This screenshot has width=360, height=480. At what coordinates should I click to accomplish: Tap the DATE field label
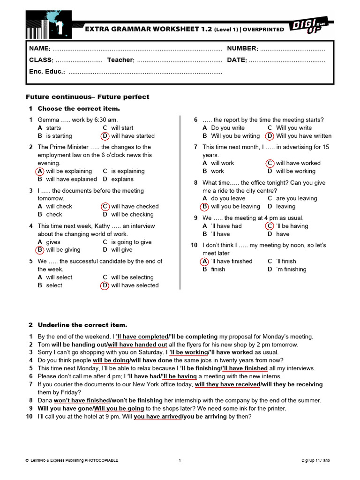[x=237, y=60]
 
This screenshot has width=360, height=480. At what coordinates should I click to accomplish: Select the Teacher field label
[x=121, y=60]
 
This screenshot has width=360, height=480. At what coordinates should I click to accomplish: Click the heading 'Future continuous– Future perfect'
[x=87, y=97]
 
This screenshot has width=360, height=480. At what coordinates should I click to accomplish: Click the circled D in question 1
[x=105, y=136]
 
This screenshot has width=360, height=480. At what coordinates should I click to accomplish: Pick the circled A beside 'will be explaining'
[x=40, y=171]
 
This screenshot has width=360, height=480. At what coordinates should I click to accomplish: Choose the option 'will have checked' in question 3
[x=135, y=206]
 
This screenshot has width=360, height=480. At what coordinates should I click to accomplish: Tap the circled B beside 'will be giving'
[x=40, y=250]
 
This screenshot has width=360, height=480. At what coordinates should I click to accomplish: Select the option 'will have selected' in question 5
[x=135, y=285]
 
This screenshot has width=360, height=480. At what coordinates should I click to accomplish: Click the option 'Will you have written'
[x=304, y=136]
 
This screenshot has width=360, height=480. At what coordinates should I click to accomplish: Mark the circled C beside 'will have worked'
[x=270, y=163]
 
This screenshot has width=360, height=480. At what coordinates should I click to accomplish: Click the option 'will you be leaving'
[x=235, y=206]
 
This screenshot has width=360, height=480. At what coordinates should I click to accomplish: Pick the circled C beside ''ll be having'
[x=270, y=226]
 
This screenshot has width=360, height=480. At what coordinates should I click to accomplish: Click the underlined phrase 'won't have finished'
[x=82, y=400]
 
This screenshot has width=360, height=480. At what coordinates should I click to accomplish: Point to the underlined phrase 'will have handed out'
[x=137, y=345]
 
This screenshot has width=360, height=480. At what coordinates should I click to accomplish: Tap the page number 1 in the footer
[x=180, y=460]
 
